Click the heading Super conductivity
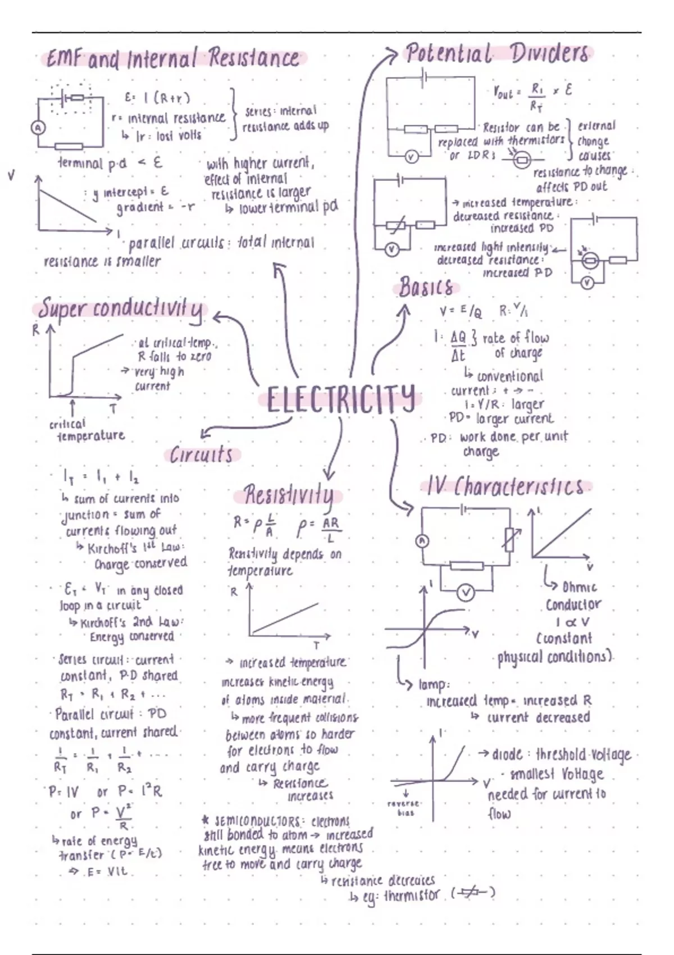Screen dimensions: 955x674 tap(121, 310)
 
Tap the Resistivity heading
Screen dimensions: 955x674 tap(288, 495)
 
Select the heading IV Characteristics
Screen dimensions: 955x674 tap(504, 486)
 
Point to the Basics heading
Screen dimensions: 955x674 tap(426, 288)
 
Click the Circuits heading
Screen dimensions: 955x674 tap(202, 454)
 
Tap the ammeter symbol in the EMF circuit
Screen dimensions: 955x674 tap(38, 128)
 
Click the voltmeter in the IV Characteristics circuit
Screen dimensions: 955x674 tap(466, 592)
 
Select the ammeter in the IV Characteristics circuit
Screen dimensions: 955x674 tap(422, 541)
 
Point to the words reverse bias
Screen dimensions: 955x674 tap(405, 808)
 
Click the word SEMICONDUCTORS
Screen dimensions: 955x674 tap(259, 821)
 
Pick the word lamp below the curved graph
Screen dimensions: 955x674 tap(433, 685)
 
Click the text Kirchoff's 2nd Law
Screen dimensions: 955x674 tap(132, 622)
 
